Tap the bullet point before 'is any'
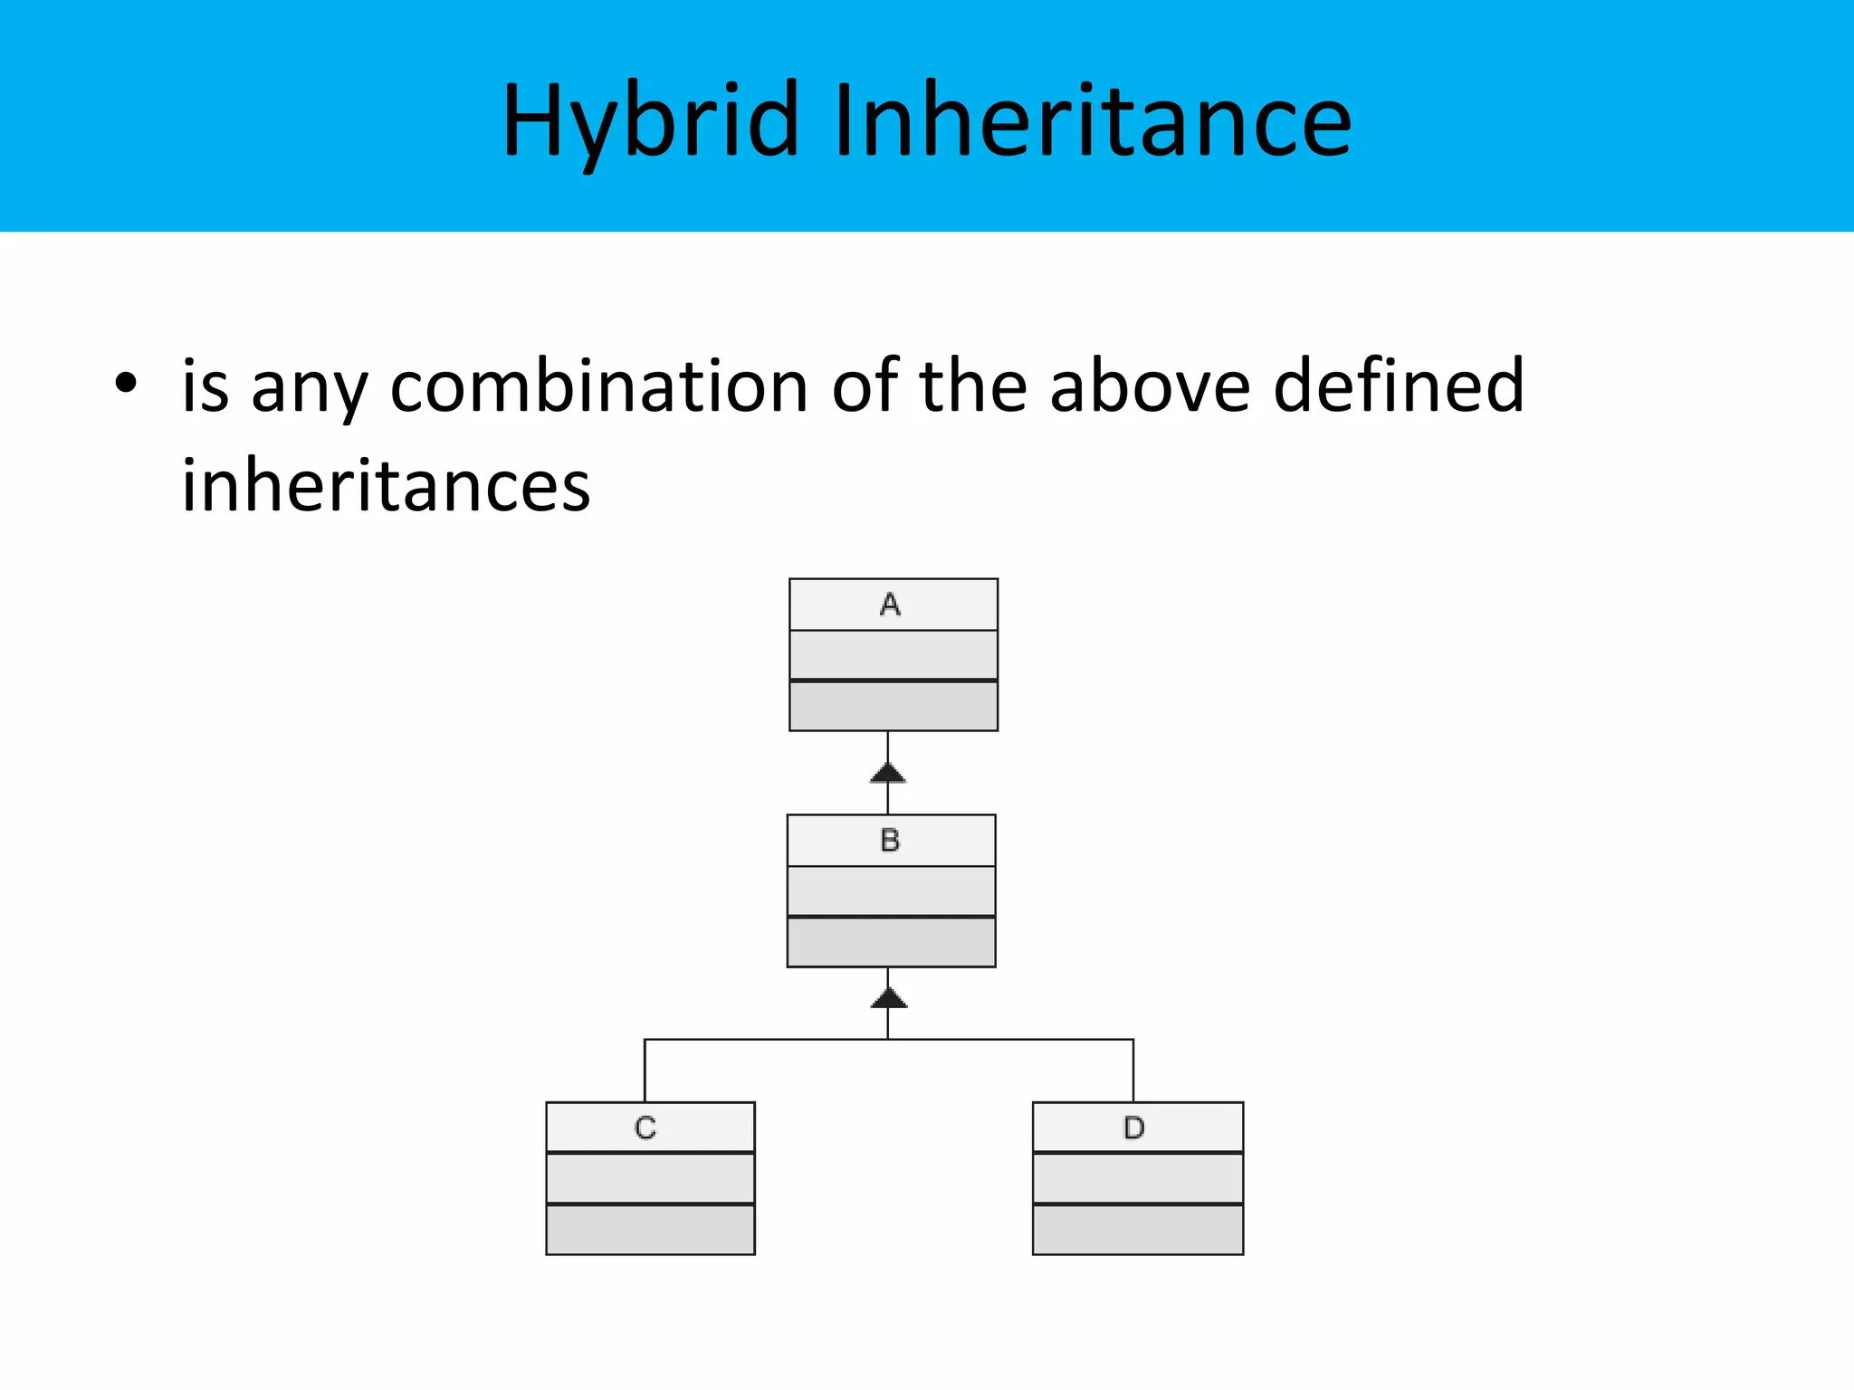[126, 384]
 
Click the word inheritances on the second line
[386, 486]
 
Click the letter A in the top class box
[890, 605]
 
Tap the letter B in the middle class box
[890, 841]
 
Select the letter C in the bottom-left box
[645, 1128]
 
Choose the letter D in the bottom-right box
[1133, 1128]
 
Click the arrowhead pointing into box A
[888, 772]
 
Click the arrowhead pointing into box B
[888, 997]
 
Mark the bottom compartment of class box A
[894, 706]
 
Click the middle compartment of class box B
[891, 891]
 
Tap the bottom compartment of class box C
[650, 1230]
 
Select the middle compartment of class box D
[1138, 1178]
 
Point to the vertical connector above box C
[645, 1071]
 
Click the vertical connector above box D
[1133, 1071]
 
